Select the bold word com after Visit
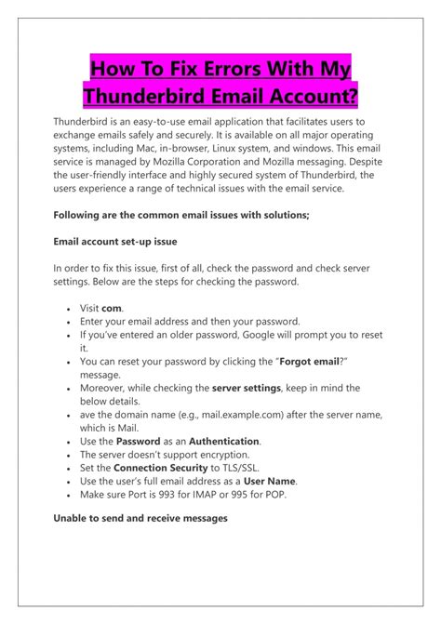tap(112, 308)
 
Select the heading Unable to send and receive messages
tap(140, 518)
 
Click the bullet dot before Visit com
tap(71, 309)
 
